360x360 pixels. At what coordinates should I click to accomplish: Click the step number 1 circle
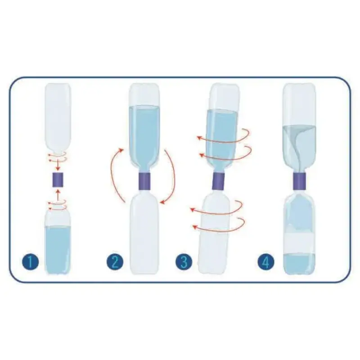(x=31, y=262)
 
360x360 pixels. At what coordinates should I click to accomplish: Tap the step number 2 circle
(x=115, y=262)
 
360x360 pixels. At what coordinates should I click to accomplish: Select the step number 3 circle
(x=184, y=262)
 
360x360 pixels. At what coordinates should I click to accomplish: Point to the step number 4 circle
(x=266, y=262)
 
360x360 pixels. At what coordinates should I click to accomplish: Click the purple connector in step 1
(x=58, y=180)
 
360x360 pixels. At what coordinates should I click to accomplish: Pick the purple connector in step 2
(x=144, y=181)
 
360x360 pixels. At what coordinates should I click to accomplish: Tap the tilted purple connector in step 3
(x=218, y=181)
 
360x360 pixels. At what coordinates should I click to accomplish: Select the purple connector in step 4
(x=299, y=181)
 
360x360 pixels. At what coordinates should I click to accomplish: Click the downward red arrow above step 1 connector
(x=58, y=164)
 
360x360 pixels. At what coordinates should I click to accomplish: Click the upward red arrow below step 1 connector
(x=58, y=194)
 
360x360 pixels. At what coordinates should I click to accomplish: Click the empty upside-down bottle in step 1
(x=58, y=118)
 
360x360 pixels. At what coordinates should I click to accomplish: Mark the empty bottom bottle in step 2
(x=144, y=232)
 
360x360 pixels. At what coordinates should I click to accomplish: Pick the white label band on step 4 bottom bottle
(x=299, y=243)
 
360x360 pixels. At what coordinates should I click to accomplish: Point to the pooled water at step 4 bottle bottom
(x=299, y=264)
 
